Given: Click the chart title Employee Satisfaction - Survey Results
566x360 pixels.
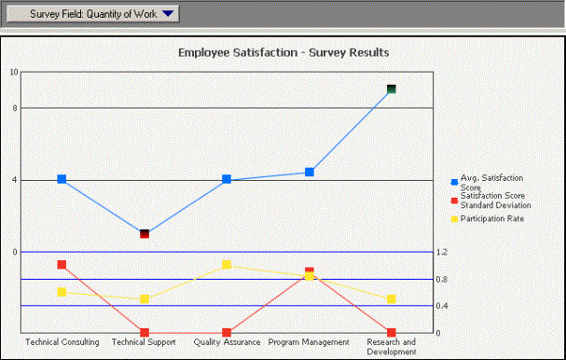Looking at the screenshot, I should [283, 52].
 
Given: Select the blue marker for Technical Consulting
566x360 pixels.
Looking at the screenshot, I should [62, 179].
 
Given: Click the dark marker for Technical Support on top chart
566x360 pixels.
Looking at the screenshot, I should [145, 233].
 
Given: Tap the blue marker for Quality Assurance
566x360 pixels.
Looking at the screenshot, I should [227, 179].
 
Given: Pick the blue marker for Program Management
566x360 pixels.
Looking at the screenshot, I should [309, 173].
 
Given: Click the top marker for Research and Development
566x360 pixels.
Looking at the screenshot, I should [392, 90].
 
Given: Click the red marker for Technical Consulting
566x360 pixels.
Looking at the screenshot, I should [62, 265].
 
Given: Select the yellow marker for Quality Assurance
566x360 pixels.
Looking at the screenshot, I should [227, 265].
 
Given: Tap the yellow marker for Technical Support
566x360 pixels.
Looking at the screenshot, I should [145, 299].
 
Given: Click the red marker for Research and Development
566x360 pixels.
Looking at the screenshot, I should [392, 333].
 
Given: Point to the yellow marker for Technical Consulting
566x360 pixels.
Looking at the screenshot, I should [62, 292].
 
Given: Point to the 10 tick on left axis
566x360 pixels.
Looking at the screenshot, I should [13, 72].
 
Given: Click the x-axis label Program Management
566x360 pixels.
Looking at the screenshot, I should [309, 342].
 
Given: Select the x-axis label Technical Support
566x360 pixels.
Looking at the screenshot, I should [145, 342].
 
